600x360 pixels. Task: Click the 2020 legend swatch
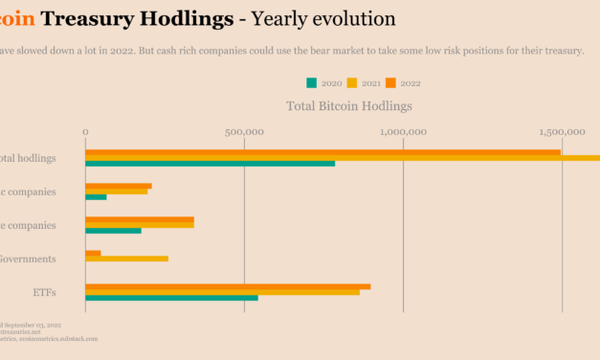point(311,82)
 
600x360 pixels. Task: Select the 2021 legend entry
point(367,82)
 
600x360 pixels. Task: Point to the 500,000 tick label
point(245,132)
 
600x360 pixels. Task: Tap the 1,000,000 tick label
point(404,132)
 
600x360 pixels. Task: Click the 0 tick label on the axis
point(85,132)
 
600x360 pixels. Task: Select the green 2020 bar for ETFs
point(171,298)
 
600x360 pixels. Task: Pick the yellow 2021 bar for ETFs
point(222,292)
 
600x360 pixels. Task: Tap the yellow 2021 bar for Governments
point(126,259)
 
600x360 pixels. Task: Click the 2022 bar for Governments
point(93,253)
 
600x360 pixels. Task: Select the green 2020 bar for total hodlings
point(210,164)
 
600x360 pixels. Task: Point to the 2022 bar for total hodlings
point(322,152)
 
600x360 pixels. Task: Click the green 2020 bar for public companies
point(96,197)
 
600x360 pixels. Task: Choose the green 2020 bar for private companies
point(113,231)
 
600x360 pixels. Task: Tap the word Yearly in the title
point(280,18)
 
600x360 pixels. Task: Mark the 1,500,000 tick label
point(562,132)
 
